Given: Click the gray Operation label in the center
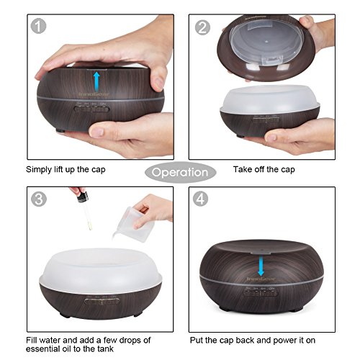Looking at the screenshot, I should click(x=180, y=173).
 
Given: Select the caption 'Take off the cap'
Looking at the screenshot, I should click(x=263, y=171).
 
